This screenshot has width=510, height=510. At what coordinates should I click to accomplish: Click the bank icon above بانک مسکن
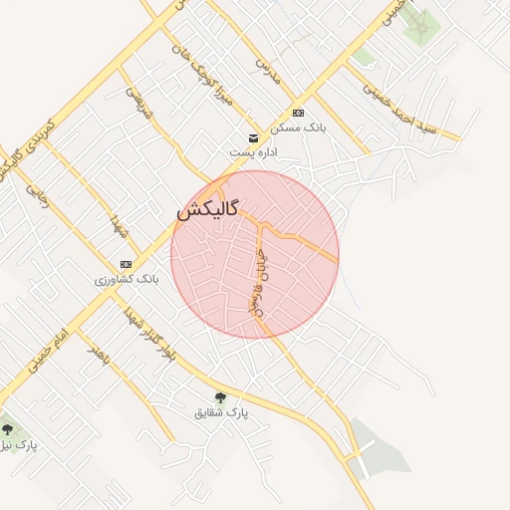point(298,113)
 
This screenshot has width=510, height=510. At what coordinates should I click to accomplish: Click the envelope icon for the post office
point(253,136)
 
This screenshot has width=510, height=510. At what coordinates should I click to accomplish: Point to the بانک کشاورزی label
point(127,280)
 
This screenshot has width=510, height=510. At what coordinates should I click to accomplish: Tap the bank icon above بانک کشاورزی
point(126,264)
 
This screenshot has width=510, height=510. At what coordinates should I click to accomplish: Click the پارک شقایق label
point(221,411)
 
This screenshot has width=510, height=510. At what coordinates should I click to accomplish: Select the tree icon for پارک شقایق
point(221,397)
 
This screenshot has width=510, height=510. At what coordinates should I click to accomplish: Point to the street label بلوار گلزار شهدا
point(149,339)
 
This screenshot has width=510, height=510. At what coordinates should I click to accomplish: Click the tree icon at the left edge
point(7,430)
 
